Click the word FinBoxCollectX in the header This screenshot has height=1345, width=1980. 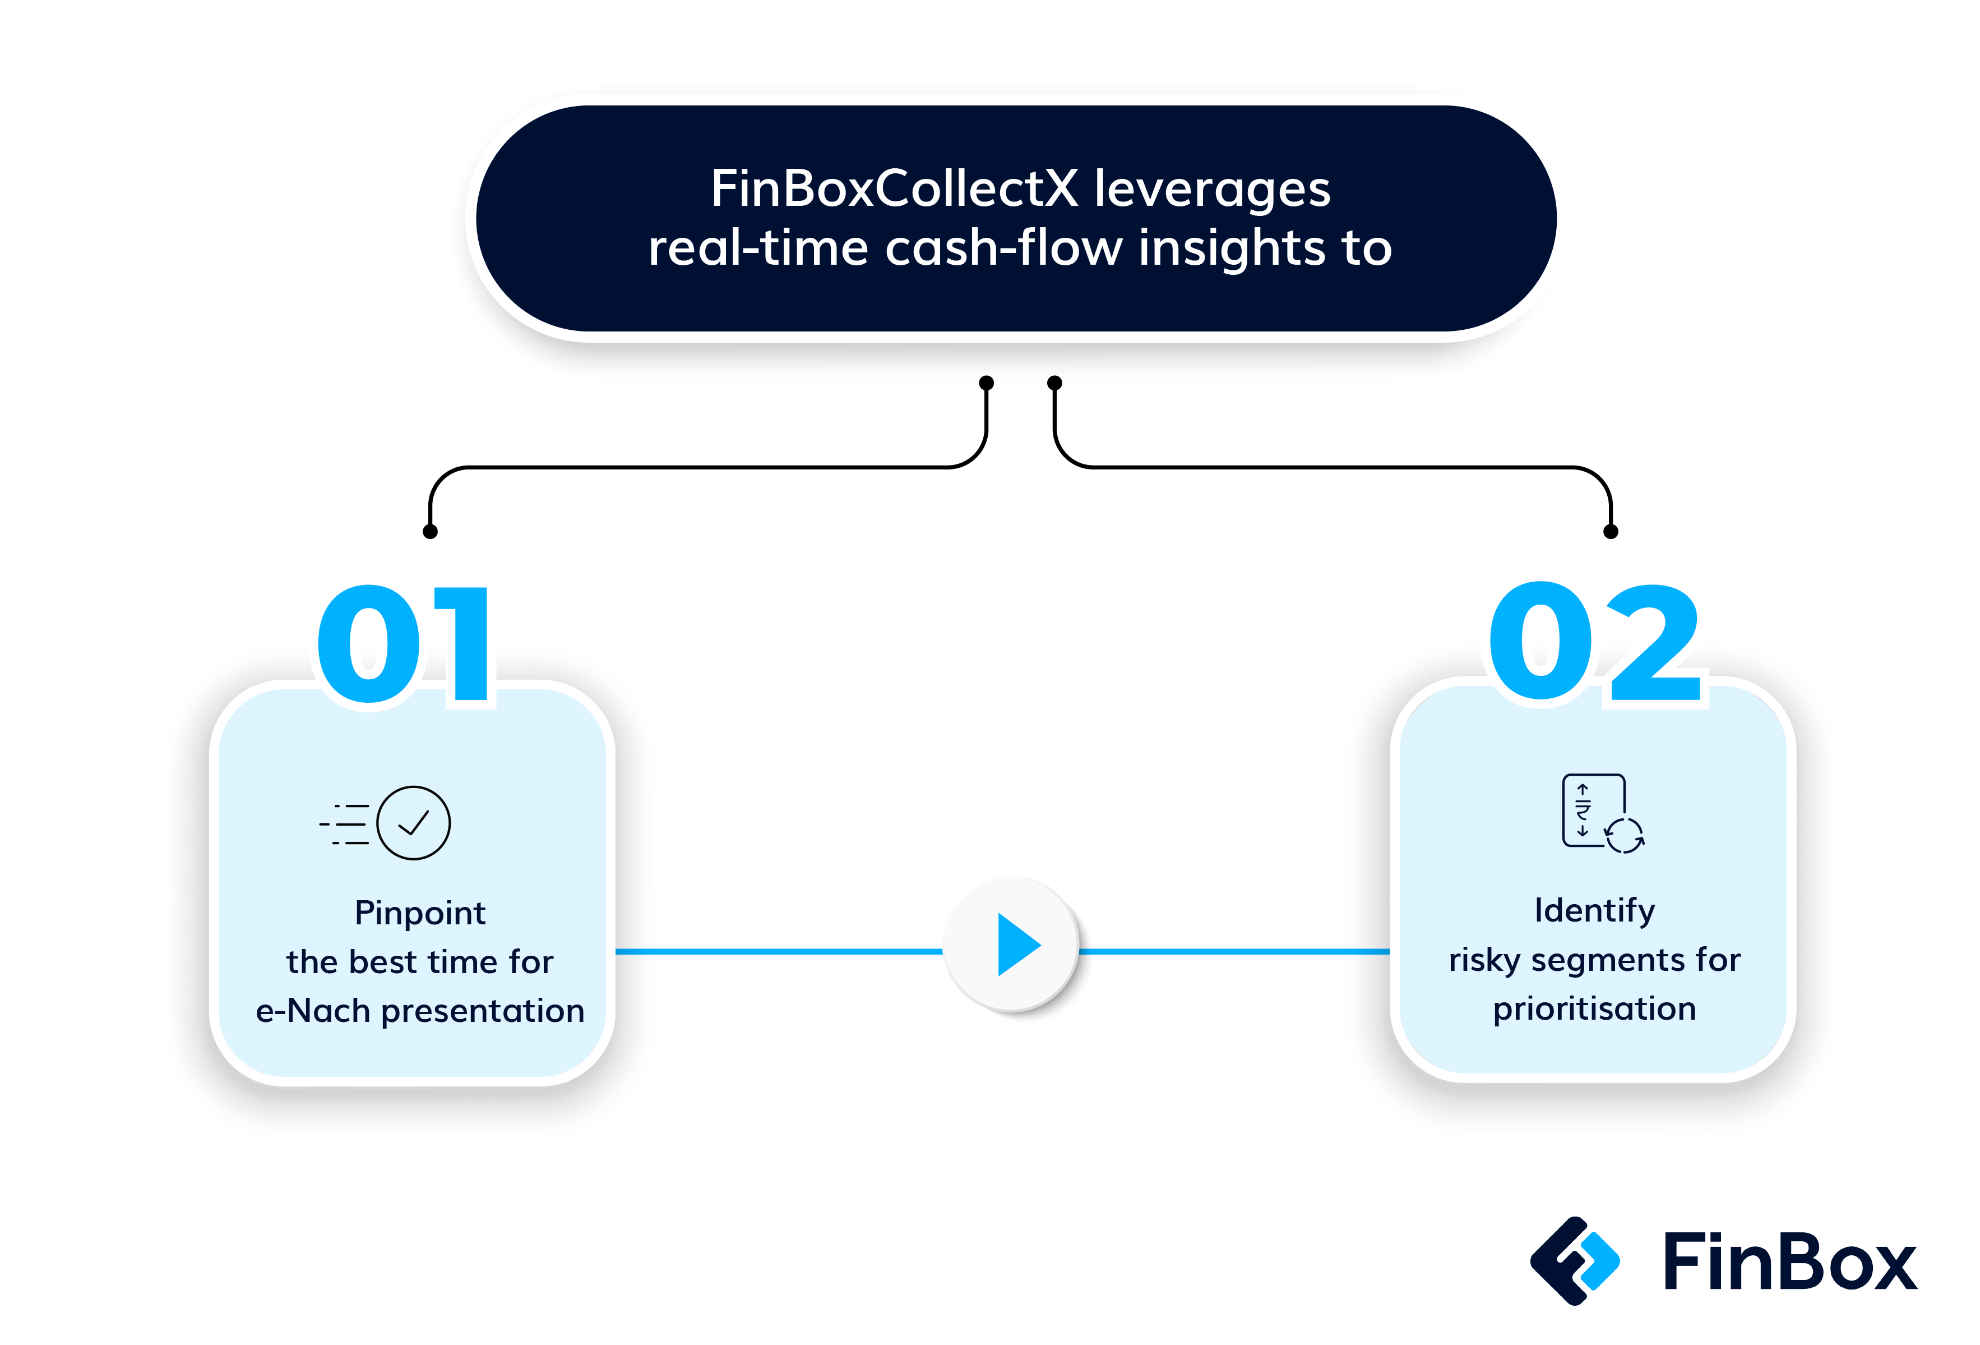(x=895, y=188)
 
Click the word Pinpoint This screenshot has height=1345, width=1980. (x=420, y=913)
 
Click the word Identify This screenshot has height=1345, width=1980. (x=1594, y=910)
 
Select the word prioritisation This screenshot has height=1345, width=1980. (x=1594, y=1008)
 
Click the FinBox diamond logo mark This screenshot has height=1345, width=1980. (x=1575, y=1261)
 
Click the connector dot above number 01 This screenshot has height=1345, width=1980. (x=430, y=532)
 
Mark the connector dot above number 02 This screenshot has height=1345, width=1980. (x=1610, y=532)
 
